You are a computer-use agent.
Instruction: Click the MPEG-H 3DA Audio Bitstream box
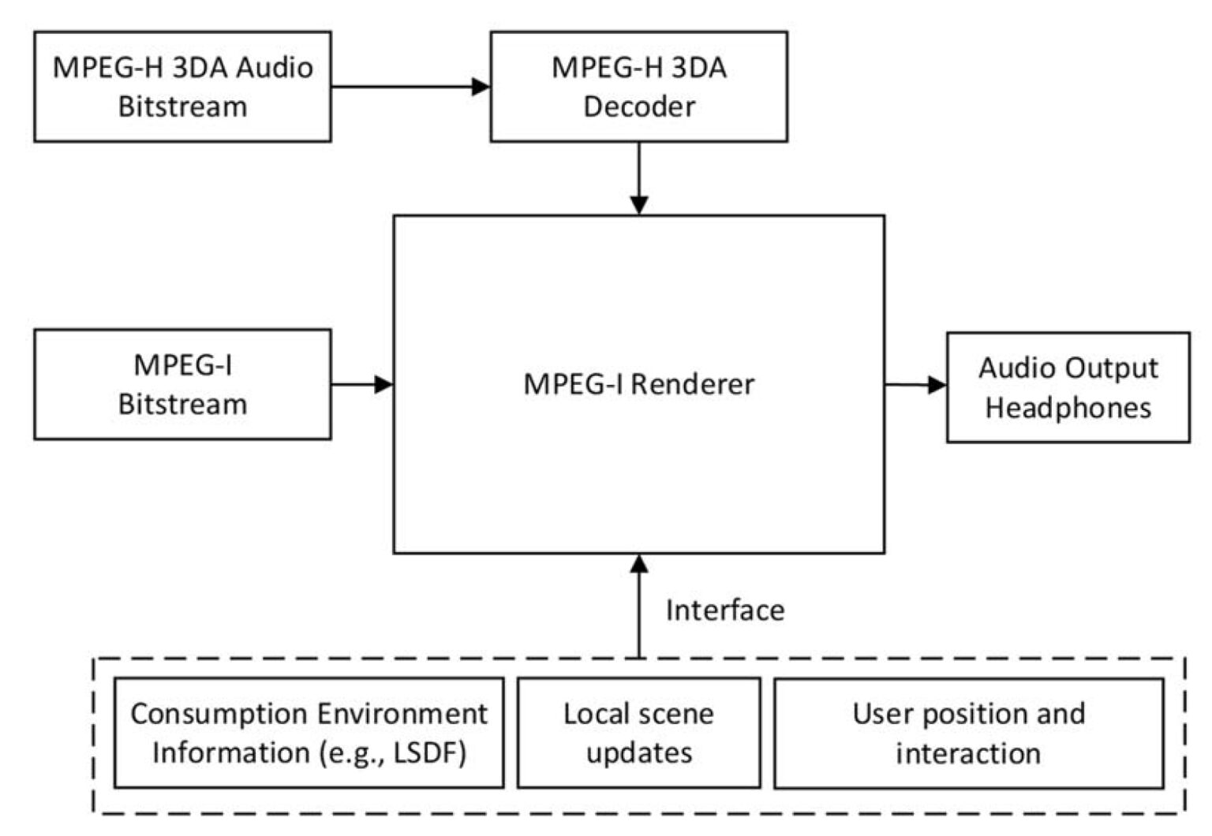182,87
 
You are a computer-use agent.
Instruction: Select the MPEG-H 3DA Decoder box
638,87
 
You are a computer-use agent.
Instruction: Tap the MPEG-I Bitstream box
182,384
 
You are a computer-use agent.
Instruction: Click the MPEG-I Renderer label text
638,384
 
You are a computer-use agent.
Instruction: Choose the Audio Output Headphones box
1068,387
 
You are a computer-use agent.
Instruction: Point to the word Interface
724,610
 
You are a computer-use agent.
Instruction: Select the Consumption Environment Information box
309,733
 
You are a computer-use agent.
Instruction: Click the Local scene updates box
638,733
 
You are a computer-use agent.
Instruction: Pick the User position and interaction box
968,733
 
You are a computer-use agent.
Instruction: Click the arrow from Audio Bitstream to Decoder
410,87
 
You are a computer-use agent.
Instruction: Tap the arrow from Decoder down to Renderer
639,178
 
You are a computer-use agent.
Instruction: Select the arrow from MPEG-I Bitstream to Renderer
361,385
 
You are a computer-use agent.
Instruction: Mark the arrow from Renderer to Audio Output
915,385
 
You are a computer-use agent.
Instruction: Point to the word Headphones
1068,408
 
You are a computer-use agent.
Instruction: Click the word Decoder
638,106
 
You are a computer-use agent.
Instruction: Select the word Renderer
692,384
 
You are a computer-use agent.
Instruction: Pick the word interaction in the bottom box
967,753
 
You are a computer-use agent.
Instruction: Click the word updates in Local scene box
638,753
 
